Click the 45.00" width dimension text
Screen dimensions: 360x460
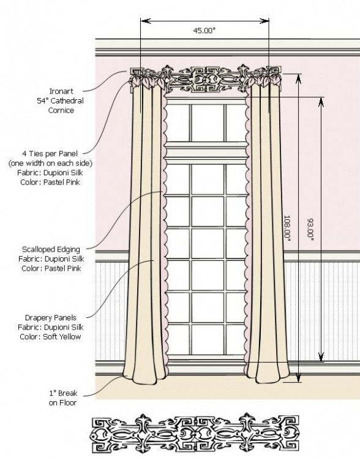coord(204,31)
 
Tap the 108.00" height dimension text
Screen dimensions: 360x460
coord(287,228)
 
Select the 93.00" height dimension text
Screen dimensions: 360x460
coord(310,230)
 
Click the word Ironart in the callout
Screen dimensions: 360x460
coord(61,91)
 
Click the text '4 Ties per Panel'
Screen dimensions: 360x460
coord(50,153)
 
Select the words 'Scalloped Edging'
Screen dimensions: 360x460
coord(51,249)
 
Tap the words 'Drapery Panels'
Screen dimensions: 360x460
coord(50,317)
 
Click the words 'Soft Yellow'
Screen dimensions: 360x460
coord(62,336)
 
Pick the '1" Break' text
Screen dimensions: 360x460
coord(63,393)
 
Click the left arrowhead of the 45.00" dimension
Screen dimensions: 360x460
coord(145,21)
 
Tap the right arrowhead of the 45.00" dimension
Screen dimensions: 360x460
coord(264,21)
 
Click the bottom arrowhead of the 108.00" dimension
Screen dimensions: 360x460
coord(298,377)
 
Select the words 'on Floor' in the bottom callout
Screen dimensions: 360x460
coord(62,403)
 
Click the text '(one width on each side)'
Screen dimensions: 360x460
coord(50,163)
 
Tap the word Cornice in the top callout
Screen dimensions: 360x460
coord(61,110)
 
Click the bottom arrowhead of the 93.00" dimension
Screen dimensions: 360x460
coord(321,357)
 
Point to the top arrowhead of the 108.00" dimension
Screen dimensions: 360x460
coord(298,78)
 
